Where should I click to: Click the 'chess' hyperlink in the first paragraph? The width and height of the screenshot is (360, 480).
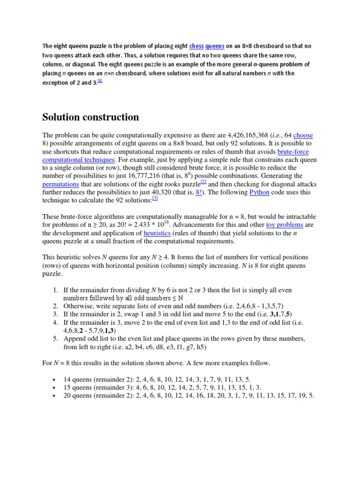click(x=196, y=46)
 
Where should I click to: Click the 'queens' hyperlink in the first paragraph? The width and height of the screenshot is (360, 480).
click(x=215, y=46)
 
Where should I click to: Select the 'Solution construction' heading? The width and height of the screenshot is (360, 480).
click(x=90, y=117)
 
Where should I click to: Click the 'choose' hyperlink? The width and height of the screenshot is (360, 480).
click(x=303, y=135)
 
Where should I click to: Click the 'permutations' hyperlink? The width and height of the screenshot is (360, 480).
click(x=60, y=184)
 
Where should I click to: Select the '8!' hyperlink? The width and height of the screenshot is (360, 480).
click(x=199, y=193)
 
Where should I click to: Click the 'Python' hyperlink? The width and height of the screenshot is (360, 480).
click(x=259, y=193)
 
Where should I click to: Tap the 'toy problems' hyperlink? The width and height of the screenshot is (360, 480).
click(x=284, y=225)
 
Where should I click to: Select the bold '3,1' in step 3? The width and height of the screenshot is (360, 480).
click(x=275, y=314)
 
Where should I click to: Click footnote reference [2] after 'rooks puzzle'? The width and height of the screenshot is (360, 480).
click(x=203, y=182)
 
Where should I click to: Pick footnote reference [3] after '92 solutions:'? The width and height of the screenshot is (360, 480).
click(x=155, y=199)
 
